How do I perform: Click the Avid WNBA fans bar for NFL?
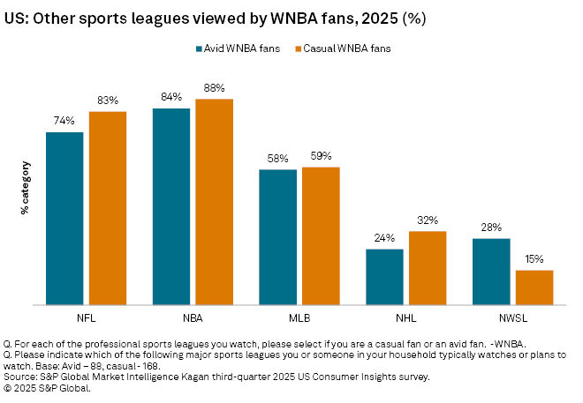pos(64,219)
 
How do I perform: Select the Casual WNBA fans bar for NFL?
pos(108,208)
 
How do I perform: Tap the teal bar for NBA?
pos(171,206)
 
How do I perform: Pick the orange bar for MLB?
pos(321,235)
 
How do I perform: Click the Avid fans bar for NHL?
pos(384,277)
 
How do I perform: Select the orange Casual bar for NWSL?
pos(534,287)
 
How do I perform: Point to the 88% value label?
pos(214,88)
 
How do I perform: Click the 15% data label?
pos(534,259)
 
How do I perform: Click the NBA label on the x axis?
pos(193,316)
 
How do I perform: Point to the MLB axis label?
pos(299,316)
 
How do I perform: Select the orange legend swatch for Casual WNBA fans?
pos(298,49)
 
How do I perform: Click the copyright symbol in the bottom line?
pos(9,387)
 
